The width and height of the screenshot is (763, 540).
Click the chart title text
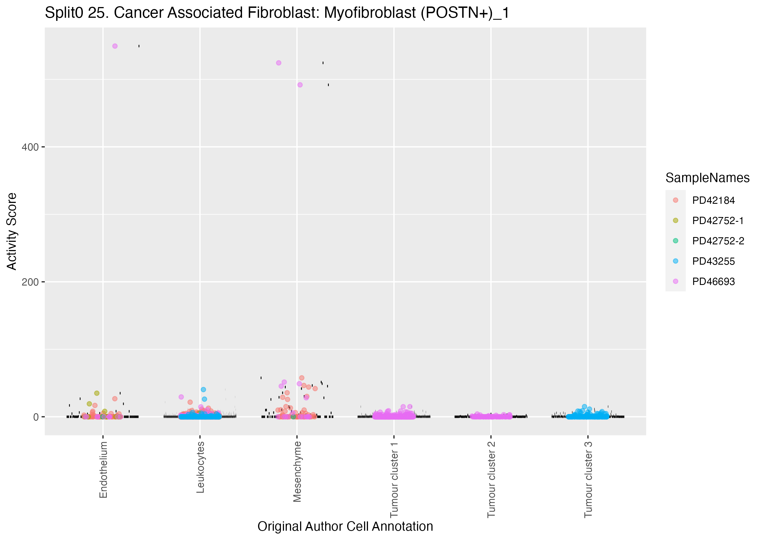click(x=277, y=13)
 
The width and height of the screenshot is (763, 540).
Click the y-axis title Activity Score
click(x=12, y=231)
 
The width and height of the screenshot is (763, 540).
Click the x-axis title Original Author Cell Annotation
click(x=345, y=526)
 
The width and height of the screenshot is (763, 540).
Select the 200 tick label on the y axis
click(x=30, y=282)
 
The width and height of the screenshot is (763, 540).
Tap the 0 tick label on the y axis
click(x=36, y=417)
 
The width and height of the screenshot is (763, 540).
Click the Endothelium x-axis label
click(x=103, y=470)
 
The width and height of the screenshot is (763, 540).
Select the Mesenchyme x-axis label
click(x=297, y=472)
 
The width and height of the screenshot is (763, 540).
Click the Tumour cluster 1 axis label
click(x=394, y=479)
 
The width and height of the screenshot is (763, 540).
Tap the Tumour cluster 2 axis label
click(x=491, y=479)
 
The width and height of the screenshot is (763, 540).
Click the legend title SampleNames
click(x=707, y=178)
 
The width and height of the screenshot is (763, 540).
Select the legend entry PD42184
click(x=713, y=200)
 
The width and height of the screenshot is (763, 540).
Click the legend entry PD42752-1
click(x=717, y=220)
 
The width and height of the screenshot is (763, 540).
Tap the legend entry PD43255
click(x=713, y=261)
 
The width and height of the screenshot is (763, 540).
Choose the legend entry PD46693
click(x=713, y=281)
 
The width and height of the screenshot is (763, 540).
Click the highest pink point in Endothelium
click(x=115, y=46)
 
